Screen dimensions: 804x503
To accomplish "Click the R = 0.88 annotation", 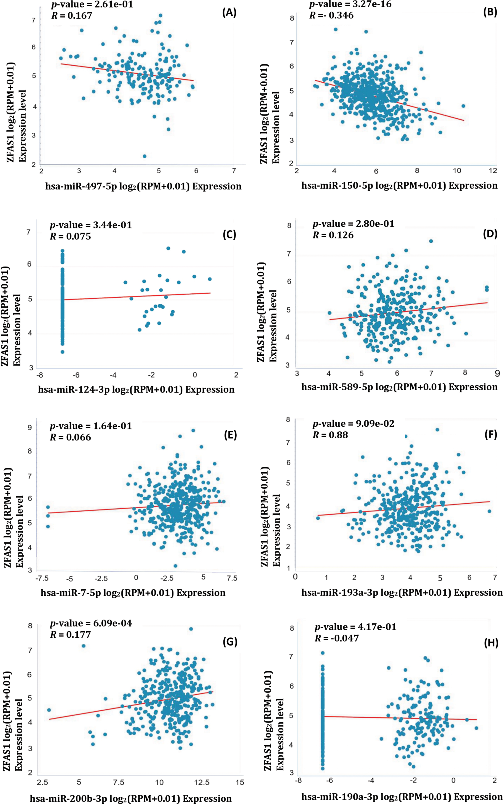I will (330, 435).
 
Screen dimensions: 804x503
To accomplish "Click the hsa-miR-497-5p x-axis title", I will (143, 186).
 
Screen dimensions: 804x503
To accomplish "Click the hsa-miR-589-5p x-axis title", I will (399, 387).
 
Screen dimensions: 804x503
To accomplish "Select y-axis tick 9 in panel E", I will (30, 427).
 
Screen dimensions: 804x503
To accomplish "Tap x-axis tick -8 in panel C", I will (39, 375).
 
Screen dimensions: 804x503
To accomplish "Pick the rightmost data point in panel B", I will (463, 106).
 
